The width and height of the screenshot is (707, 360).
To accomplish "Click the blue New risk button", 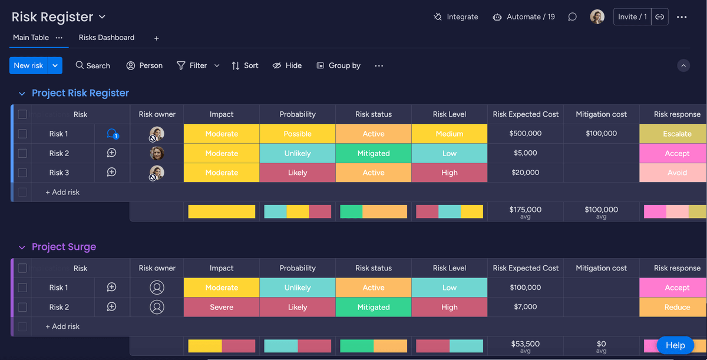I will tap(28, 65).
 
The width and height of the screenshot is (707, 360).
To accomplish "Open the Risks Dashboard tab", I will tap(107, 38).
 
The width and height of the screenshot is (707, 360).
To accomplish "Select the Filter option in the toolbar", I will tap(192, 65).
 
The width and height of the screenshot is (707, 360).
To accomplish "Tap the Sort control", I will tap(245, 65).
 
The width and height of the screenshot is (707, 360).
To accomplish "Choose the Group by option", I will tap(338, 65).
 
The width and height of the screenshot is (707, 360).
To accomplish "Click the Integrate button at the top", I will tap(456, 17).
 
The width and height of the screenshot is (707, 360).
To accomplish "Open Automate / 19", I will tap(524, 17).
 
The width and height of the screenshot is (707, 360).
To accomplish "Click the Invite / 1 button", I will tap(632, 17).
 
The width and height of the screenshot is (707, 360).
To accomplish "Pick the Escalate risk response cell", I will tap(677, 134).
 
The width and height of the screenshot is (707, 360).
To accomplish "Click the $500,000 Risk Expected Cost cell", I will tap(525, 134).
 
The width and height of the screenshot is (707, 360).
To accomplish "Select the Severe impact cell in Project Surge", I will tap(222, 307).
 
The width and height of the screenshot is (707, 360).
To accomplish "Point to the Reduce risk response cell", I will tap(677, 307).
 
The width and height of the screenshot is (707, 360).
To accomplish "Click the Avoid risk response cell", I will tap(677, 173).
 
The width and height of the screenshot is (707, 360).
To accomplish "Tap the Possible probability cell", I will tap(298, 134).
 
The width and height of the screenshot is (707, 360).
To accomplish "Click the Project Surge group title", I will tap(64, 247).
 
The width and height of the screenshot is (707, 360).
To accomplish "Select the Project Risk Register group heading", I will tap(80, 93).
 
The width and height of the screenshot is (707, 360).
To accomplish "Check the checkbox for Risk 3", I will tap(22, 173).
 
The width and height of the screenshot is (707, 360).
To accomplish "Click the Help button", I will tap(675, 345).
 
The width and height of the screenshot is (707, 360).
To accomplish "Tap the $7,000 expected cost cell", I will tap(525, 307).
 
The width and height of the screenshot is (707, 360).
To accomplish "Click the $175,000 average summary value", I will tap(525, 210).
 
